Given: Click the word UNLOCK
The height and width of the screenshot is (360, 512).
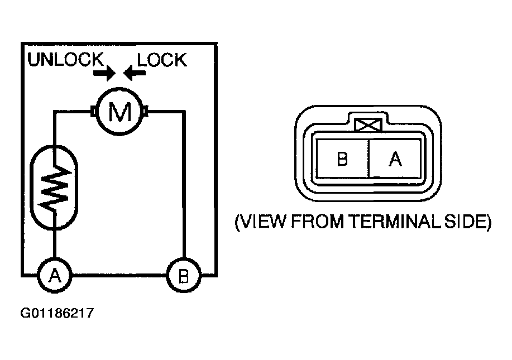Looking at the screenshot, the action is click(66, 59).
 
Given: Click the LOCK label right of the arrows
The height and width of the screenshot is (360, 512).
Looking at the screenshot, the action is click(162, 60).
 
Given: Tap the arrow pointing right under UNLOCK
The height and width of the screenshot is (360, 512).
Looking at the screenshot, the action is click(104, 73).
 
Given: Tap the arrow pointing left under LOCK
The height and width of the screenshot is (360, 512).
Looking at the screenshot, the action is click(135, 73).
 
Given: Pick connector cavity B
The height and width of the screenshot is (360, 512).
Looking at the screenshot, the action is click(342, 159).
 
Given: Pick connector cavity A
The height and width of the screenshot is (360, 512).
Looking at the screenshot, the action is click(395, 159).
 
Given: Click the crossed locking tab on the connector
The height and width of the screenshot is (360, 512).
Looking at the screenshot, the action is click(368, 125).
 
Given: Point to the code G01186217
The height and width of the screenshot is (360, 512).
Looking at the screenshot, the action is click(57, 313).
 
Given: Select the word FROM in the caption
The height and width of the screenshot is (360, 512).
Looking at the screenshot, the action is click(317, 222).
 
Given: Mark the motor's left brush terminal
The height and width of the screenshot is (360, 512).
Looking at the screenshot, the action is click(93, 111).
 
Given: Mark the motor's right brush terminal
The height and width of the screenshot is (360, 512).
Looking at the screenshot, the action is click(146, 111).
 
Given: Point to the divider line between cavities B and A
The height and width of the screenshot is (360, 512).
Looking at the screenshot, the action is click(369, 159).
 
